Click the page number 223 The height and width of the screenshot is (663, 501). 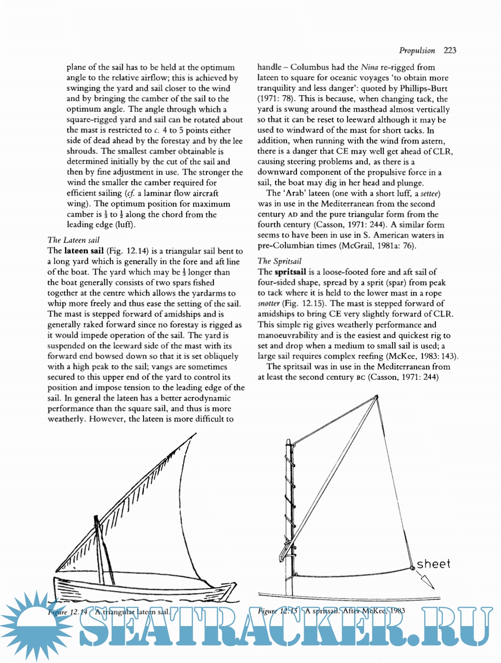coord(450,50)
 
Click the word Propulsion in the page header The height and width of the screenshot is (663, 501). coord(417,50)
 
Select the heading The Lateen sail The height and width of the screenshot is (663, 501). coord(73,240)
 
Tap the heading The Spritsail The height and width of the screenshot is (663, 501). coord(279,261)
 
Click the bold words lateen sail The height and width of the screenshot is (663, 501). coord(84,250)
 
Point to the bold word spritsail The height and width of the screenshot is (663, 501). coord(290,272)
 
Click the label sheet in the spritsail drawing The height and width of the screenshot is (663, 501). coord(434,564)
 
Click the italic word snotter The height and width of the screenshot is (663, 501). coord(269,303)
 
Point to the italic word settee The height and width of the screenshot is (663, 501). coord(429,193)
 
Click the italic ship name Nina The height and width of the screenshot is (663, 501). coord(369,67)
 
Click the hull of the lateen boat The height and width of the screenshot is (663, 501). coord(137,590)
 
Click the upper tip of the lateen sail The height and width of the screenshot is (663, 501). coord(195,434)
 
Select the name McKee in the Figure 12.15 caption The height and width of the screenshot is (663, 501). coord(374,611)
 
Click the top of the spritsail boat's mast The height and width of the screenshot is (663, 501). coord(288,441)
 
